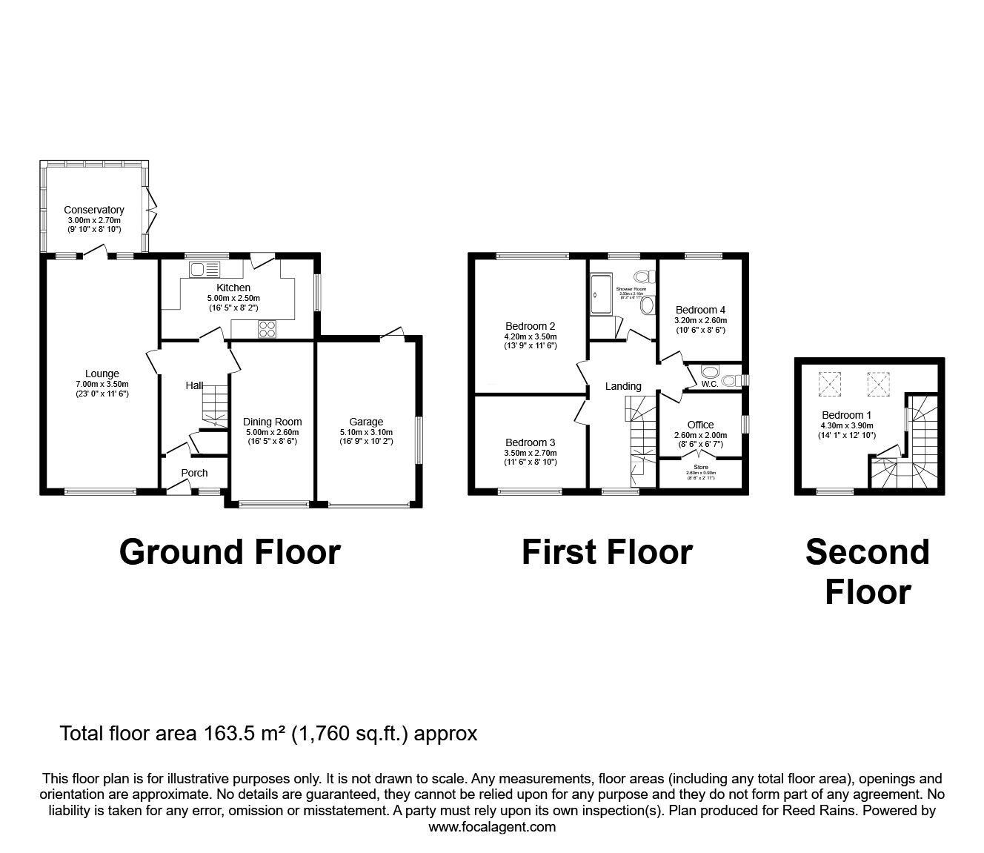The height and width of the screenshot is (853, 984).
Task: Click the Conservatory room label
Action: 93,210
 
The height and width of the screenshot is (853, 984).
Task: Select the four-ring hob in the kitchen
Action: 267,329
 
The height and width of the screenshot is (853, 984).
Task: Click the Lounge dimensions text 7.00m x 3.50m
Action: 102,384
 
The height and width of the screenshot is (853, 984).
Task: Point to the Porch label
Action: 194,473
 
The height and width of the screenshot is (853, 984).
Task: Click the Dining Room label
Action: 272,422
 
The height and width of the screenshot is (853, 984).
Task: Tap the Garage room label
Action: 366,422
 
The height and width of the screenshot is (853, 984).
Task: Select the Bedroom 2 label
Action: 530,326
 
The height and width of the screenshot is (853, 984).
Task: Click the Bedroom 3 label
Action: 530,442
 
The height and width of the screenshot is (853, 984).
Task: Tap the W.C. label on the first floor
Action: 708,385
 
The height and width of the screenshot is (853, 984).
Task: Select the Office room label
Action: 700,425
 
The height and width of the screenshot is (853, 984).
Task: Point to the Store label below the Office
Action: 700,468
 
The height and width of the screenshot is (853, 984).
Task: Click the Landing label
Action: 623,386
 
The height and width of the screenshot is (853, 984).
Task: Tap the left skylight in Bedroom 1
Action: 828,383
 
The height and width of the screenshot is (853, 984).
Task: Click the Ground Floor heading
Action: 230,553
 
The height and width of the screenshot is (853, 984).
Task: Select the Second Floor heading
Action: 867,572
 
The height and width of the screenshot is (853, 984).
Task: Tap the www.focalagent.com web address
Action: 492,827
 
